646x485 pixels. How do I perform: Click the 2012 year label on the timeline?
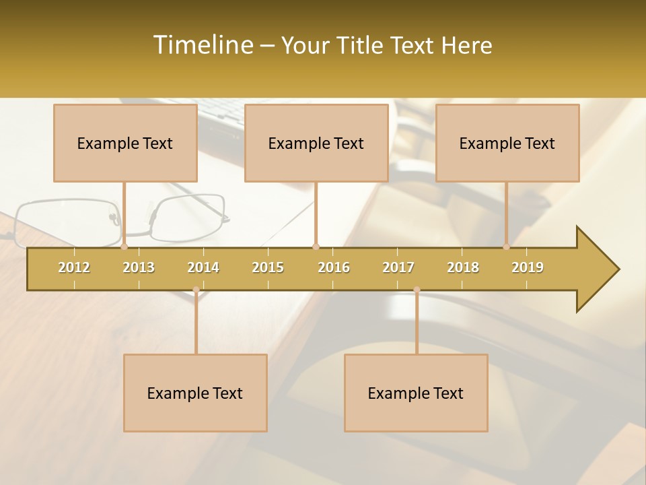[x=74, y=267]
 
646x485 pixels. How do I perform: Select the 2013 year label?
[x=139, y=267]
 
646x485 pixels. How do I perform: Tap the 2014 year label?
[x=203, y=267]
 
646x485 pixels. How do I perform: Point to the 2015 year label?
[x=268, y=267]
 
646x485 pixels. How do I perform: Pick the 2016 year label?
[x=334, y=267]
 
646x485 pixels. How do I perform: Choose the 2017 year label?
[x=398, y=267]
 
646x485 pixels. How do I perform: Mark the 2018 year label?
[x=463, y=267]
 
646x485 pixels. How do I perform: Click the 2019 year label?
[x=528, y=267]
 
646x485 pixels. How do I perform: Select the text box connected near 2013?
[x=125, y=143]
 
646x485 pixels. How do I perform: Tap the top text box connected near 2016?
[x=316, y=143]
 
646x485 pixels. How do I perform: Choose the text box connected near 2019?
[x=507, y=143]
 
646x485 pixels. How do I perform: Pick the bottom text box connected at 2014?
[x=195, y=393]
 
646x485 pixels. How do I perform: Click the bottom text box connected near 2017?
[x=416, y=393]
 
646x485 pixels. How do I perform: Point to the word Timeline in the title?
[x=202, y=45]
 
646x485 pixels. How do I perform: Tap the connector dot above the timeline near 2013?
[x=124, y=247]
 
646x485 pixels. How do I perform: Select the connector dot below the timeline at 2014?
[x=196, y=290]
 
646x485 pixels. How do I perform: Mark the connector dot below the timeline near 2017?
[x=417, y=290]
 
